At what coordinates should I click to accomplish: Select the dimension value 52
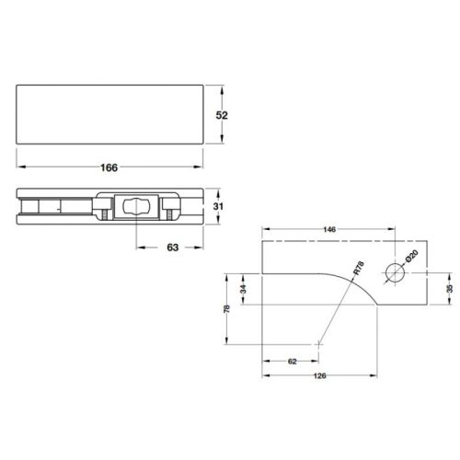pos(221,115)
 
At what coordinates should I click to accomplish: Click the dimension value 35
pos(449,288)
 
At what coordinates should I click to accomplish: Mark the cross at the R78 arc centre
pos(318,343)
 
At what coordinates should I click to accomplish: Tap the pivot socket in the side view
pos(134,208)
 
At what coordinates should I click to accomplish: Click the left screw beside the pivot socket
pos(106,214)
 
